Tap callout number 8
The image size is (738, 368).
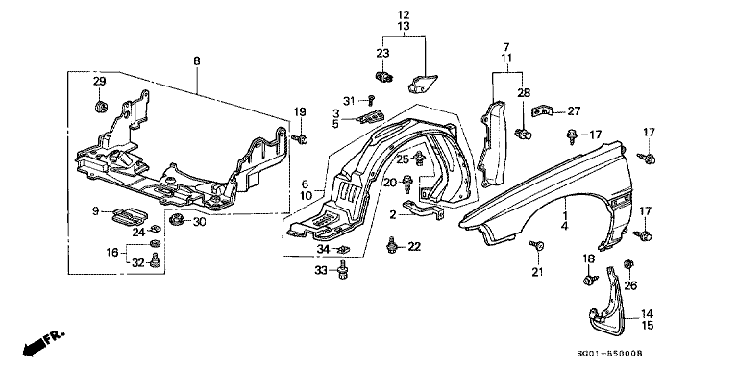click(197, 61)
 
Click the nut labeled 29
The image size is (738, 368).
click(100, 107)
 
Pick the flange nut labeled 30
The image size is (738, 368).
click(177, 219)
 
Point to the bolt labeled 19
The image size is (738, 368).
click(300, 138)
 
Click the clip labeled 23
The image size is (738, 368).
click(384, 76)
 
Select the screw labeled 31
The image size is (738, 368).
click(371, 98)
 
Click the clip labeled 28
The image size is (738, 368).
click(523, 135)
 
